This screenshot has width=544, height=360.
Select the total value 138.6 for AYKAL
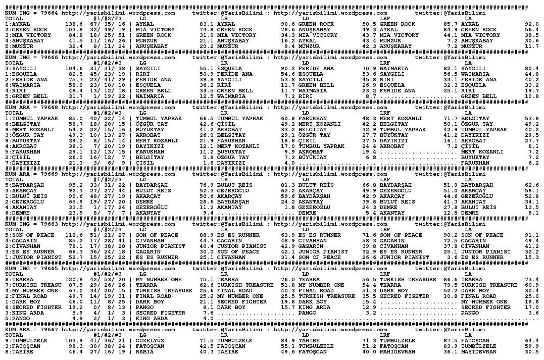coord(74,24)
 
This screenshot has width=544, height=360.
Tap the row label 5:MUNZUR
coord(20,46)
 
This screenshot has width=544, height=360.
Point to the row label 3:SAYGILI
coord(21,68)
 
